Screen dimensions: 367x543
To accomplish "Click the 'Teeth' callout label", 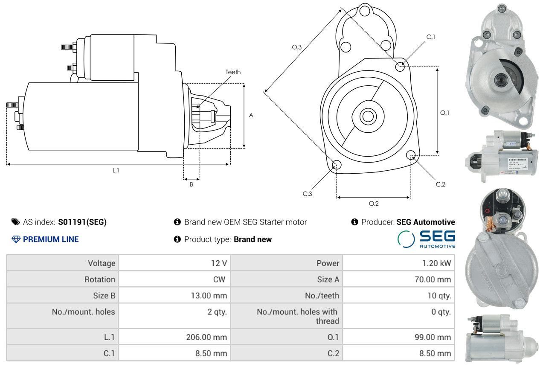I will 233,72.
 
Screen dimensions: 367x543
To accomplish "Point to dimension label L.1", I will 116,170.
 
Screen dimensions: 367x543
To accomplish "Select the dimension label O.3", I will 297,47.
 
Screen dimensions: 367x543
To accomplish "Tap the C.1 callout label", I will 431,37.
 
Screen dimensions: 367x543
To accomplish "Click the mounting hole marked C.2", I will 411,154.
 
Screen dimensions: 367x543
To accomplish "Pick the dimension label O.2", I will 374,204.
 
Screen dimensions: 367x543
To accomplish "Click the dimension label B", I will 192,184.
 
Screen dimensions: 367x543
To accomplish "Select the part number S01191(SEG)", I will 82,222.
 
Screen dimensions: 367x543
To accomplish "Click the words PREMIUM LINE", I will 51,239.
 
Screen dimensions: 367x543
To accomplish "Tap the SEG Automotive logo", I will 426,239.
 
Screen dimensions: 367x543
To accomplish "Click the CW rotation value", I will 221,280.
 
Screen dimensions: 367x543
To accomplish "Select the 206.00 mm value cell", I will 206,337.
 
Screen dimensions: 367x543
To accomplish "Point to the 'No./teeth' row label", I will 323,296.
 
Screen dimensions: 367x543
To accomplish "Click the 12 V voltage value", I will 219,263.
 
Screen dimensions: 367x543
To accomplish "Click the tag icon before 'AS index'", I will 15,222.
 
